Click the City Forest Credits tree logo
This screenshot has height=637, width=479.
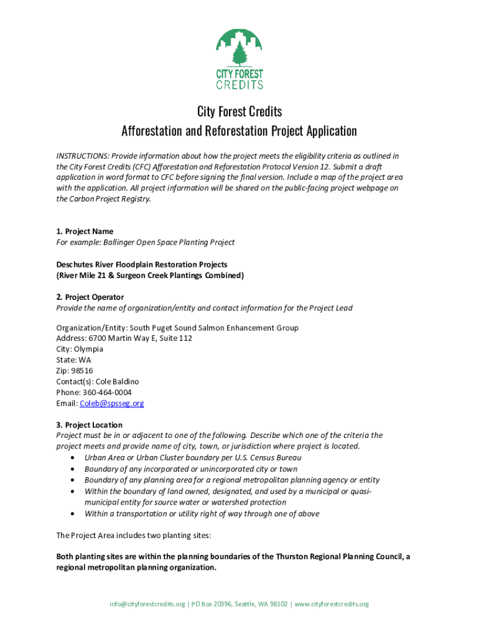coord(239,59)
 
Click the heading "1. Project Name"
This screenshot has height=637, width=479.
coord(85,231)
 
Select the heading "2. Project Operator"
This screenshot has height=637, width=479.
coord(90,297)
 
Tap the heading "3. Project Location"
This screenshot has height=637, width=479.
coord(89,425)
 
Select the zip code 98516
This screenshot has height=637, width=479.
coord(83,371)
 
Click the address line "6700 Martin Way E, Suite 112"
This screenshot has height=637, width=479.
coord(139,338)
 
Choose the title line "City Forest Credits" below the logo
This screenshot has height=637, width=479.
coord(240,111)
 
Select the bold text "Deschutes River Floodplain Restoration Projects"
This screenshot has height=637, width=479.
coord(142,264)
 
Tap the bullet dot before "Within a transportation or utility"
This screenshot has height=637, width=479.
coord(75,514)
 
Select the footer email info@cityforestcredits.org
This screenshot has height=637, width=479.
coord(147,604)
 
